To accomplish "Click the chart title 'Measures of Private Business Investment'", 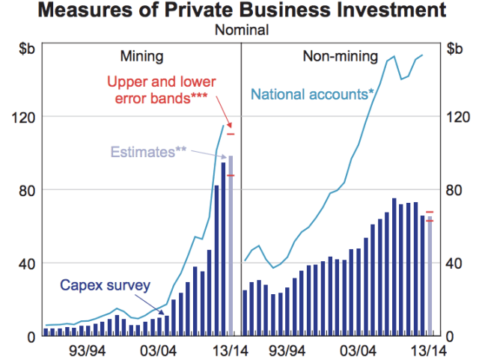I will click(239, 12).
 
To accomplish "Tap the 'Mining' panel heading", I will click(141, 55).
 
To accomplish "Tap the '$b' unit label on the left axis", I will click(27, 49).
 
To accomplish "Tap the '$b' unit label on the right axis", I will click(454, 49).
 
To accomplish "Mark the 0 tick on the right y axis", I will click(448, 336).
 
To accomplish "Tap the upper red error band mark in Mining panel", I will click(231, 134).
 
